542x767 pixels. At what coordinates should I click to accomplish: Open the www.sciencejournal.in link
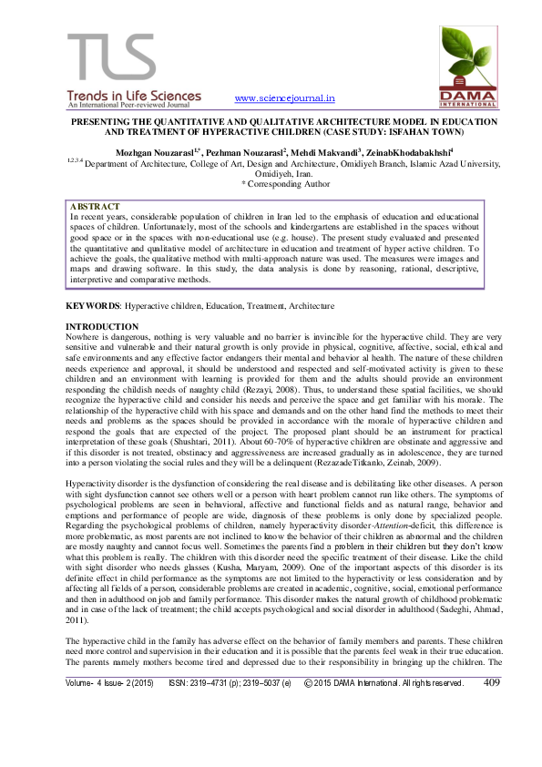tap(285, 97)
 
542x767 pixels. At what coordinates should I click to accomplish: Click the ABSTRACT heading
tap(95, 208)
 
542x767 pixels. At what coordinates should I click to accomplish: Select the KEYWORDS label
tap(94, 305)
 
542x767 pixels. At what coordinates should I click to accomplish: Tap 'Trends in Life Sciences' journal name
tap(133, 95)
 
